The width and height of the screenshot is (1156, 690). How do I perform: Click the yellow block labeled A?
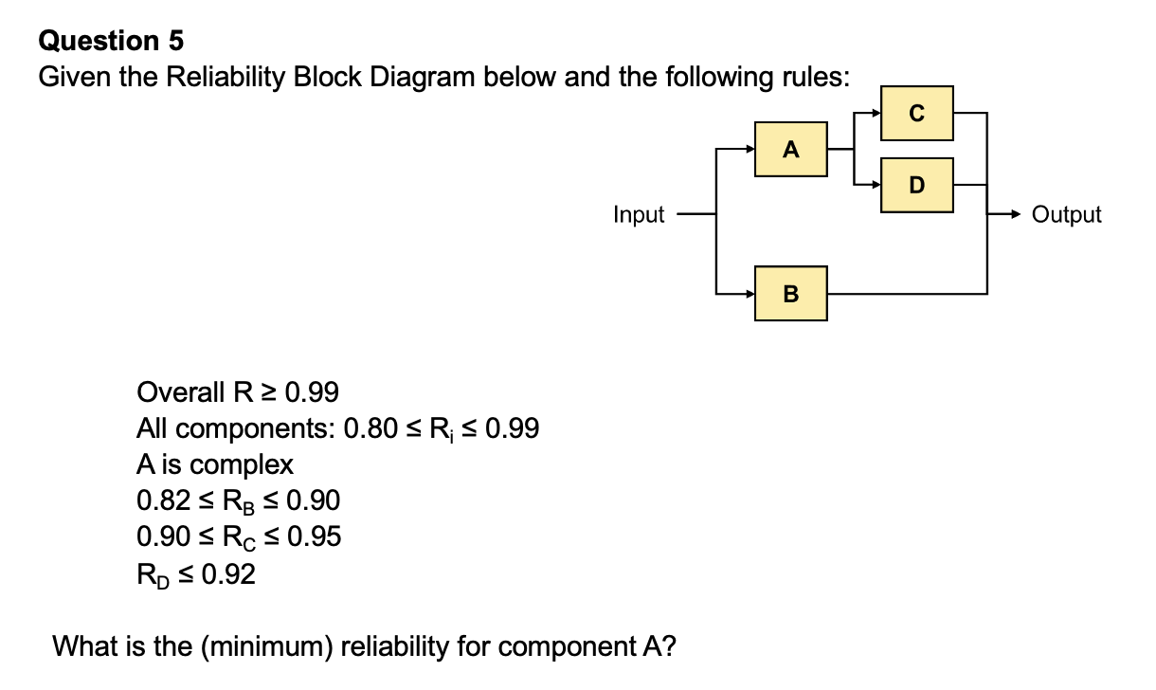(791, 149)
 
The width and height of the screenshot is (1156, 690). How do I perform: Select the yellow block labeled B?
(791, 294)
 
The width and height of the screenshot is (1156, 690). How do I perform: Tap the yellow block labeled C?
(916, 112)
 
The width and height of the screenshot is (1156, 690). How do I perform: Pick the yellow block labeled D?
(916, 185)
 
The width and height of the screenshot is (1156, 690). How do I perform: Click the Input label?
(639, 215)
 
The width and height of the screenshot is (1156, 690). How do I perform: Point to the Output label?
(1067, 215)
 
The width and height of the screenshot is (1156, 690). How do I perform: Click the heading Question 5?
(111, 41)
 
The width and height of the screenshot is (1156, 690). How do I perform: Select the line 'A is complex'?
(215, 465)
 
